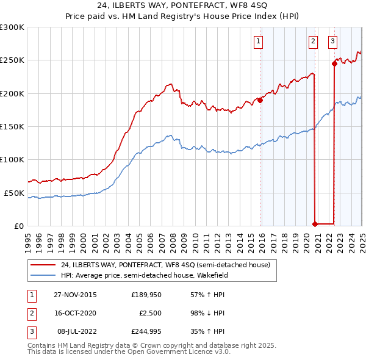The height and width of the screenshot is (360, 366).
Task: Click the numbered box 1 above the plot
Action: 259,41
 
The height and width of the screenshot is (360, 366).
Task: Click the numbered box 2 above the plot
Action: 313,41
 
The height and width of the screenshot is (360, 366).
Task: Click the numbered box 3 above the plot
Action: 332,41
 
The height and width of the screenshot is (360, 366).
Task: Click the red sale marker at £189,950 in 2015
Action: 260,100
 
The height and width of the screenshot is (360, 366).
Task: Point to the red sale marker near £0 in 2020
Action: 315,224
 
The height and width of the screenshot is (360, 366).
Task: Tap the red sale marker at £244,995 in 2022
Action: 334,63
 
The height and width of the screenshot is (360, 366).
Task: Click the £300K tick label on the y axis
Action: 12,27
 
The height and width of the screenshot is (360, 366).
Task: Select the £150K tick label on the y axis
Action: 12,126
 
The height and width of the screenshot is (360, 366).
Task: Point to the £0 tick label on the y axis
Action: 19,226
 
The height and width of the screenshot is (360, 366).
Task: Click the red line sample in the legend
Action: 43,265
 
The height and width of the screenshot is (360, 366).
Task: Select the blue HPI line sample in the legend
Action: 43,275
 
